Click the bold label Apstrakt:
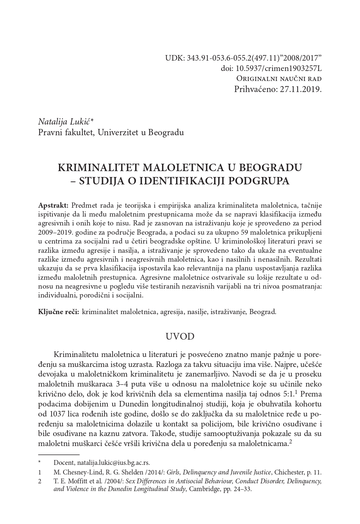point(53,205)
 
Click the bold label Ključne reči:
point(58,312)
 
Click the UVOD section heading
point(180,336)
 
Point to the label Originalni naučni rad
point(278,78)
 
